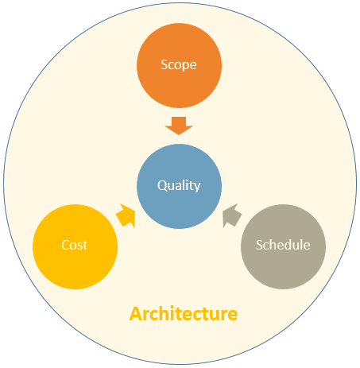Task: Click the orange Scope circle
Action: coord(179,65)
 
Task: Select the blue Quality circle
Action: coord(179,186)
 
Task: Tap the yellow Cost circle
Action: coord(75,246)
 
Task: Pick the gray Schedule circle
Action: coord(283,246)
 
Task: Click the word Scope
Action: coord(179,65)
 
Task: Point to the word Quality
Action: coord(179,185)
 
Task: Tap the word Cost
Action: coord(75,245)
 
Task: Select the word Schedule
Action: coord(283,245)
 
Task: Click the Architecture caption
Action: coord(184,314)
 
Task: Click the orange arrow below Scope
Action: coord(179,126)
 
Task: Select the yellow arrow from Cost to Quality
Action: coord(126,215)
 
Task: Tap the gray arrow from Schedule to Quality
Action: coord(231,215)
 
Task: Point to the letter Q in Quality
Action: coord(162,185)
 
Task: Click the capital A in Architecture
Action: coord(136,314)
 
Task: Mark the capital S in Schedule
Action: coord(259,245)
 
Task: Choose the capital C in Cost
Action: coord(65,245)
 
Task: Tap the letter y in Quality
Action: coord(197,187)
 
